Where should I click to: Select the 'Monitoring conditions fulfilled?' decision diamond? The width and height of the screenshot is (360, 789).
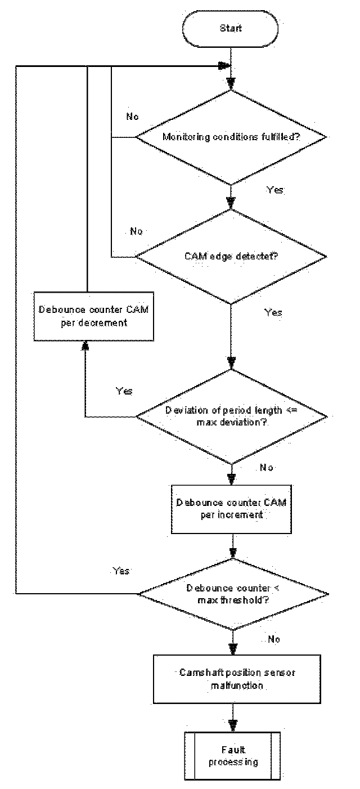(231, 136)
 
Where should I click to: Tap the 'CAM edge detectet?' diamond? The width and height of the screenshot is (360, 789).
(231, 257)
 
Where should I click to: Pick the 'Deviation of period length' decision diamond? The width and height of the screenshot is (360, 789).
(231, 416)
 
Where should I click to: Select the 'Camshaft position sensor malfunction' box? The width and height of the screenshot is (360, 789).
(233, 679)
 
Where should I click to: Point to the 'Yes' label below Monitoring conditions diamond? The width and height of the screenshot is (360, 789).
(275, 190)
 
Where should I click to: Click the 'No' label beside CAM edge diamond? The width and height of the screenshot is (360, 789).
(137, 231)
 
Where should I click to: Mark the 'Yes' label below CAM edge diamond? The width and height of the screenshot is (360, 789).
(273, 312)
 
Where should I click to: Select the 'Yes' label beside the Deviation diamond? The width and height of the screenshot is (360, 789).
(124, 391)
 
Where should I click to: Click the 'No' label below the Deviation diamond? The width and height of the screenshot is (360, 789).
(267, 468)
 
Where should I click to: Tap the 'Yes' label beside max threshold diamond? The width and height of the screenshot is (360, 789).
(121, 571)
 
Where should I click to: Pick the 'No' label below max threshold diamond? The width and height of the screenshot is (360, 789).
(274, 639)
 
